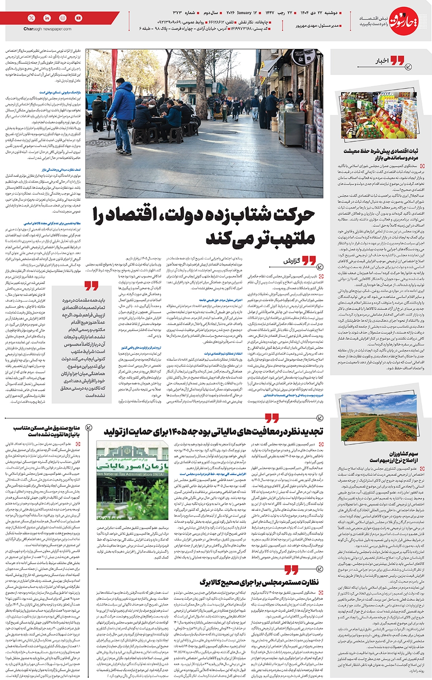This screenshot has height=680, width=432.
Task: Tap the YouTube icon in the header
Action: tap(79, 18)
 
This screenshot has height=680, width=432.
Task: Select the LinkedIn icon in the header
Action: tap(47, 18)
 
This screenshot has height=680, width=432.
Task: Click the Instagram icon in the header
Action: tap(63, 18)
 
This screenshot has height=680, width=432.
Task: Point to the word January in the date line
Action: tap(244, 12)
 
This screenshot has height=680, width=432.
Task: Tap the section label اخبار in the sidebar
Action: tap(382, 61)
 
